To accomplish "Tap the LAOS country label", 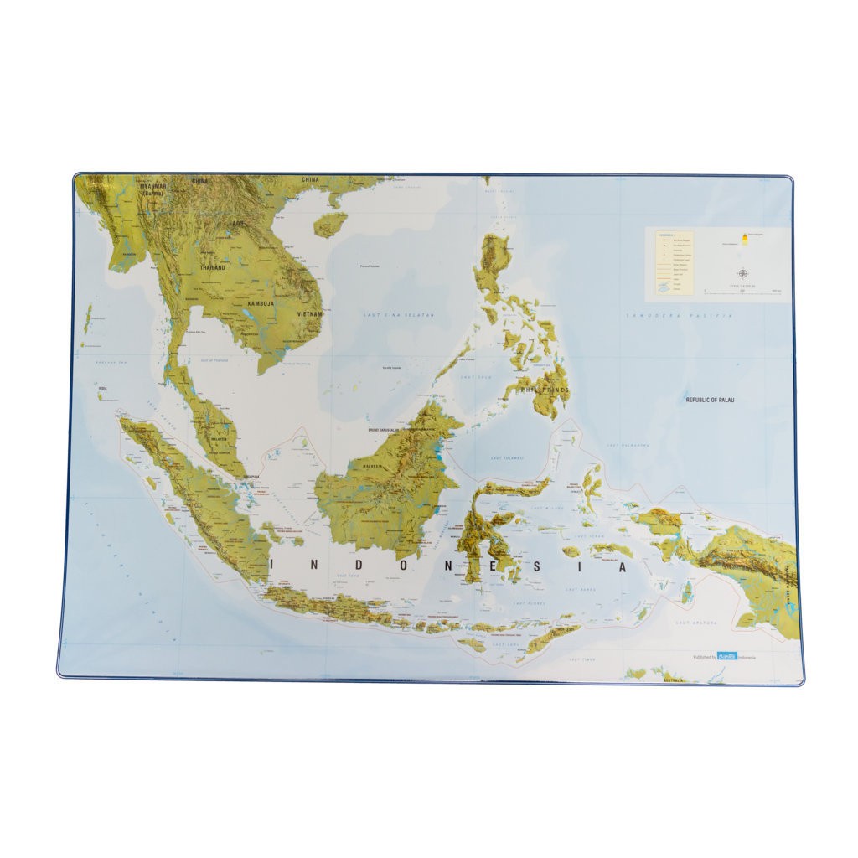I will coord(236,224).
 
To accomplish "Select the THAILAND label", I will coord(213,267).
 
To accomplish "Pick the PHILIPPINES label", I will coord(545,390).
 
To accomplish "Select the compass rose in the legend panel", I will coord(743,272).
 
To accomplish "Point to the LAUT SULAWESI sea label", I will coord(507,458).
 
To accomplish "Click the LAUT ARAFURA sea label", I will coord(695,623).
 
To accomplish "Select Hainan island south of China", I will coord(329,224).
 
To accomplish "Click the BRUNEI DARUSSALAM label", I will coord(389,430).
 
